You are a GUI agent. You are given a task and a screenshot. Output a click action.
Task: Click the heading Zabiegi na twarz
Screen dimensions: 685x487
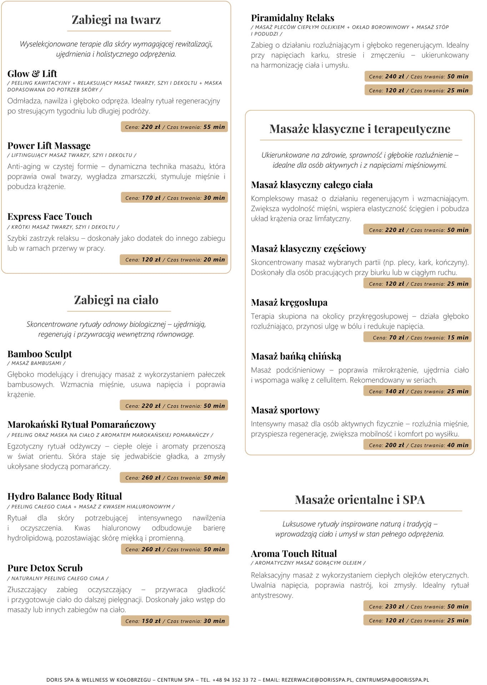pos(116,20)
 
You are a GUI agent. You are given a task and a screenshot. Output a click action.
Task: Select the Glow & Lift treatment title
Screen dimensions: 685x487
pos(32,74)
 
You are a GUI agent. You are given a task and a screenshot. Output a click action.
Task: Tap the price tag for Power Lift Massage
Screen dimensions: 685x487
pos(175,198)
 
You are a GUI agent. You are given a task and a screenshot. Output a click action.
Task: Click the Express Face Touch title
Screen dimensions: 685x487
pos(50,217)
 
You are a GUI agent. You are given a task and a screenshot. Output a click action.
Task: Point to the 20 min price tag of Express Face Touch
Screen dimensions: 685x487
pos(174,260)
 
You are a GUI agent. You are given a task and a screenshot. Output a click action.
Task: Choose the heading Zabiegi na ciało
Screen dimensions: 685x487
pos(116,300)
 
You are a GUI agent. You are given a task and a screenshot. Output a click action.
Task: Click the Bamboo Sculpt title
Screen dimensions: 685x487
pos(40,354)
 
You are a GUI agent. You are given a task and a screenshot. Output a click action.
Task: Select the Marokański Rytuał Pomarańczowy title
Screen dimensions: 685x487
pos(81,425)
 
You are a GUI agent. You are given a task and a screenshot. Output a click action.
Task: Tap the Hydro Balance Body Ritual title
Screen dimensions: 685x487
pos(65,496)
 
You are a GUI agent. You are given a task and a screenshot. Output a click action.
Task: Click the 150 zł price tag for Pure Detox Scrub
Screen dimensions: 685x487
pos(175,621)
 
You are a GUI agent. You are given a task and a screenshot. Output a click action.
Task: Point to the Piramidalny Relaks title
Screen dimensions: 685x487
pos(292,18)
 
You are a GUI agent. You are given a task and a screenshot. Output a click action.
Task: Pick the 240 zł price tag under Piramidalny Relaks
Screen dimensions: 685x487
pos(418,76)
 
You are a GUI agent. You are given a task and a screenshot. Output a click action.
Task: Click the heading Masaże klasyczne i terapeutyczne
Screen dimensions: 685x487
pos(360,129)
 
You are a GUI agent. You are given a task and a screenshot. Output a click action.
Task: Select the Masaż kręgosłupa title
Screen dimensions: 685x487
pos(289,303)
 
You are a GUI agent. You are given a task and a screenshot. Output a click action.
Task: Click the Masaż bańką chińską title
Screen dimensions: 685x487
pos(296,356)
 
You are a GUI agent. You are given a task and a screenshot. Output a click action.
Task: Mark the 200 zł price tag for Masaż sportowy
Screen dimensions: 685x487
pos(418,445)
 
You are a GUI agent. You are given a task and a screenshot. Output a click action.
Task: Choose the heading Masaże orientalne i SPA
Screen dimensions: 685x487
pos(360,499)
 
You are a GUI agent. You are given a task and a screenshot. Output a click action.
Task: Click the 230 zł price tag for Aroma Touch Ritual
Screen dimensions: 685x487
pos(418,606)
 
